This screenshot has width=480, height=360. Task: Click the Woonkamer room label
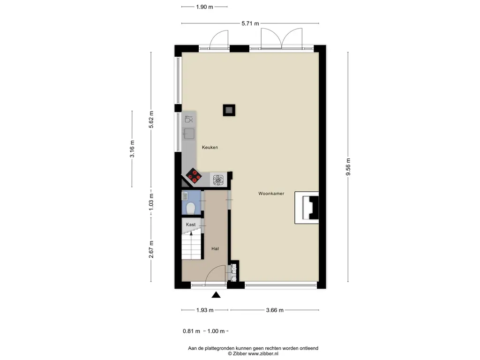(x=271, y=194)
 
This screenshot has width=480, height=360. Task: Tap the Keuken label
(x=210, y=147)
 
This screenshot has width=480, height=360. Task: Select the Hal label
(x=215, y=248)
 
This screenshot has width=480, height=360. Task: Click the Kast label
(x=191, y=225)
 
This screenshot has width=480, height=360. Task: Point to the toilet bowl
(x=190, y=209)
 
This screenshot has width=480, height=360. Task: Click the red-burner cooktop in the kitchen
(x=194, y=176)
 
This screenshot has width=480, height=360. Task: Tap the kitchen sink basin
(x=189, y=134)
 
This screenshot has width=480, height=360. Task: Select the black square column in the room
(x=229, y=110)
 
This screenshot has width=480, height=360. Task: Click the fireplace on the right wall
(x=307, y=208)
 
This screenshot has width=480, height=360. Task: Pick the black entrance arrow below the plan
(x=216, y=295)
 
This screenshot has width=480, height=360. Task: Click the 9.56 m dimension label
(x=348, y=167)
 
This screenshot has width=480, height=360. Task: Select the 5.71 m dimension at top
(x=250, y=23)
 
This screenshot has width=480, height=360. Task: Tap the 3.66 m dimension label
(x=275, y=310)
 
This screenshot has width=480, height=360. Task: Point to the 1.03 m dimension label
(x=151, y=202)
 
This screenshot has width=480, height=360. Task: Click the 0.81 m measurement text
(x=191, y=331)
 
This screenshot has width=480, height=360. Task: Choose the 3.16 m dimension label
(x=132, y=149)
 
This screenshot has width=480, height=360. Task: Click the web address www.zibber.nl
(x=263, y=353)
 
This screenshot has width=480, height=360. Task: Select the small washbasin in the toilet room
(x=185, y=195)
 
